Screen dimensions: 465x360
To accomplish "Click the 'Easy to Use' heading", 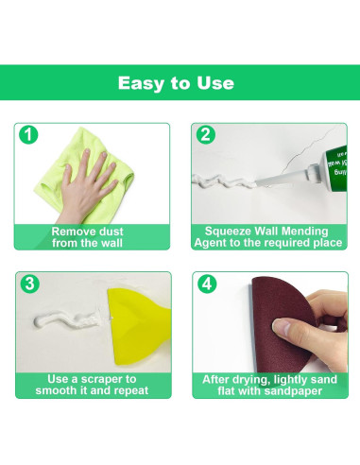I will (176, 83).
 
